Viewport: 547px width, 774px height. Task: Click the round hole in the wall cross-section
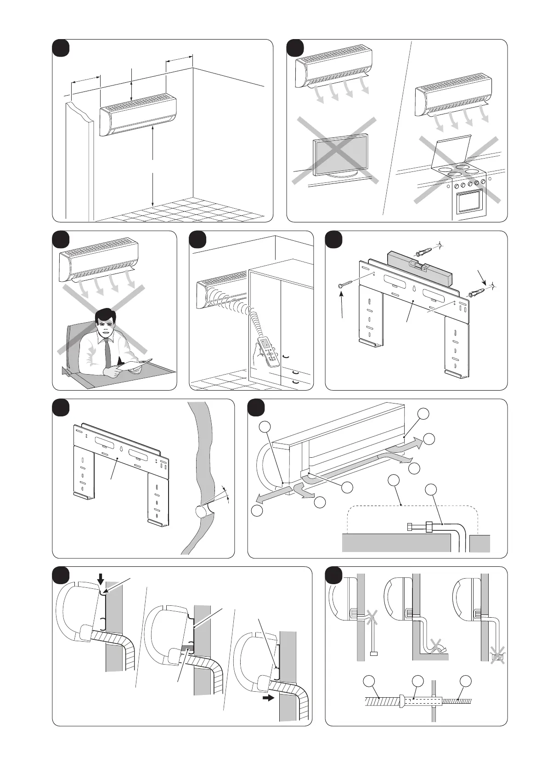point(201,511)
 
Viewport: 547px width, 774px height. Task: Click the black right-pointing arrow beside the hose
point(267,697)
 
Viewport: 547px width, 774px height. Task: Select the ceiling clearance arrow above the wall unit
point(132,84)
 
